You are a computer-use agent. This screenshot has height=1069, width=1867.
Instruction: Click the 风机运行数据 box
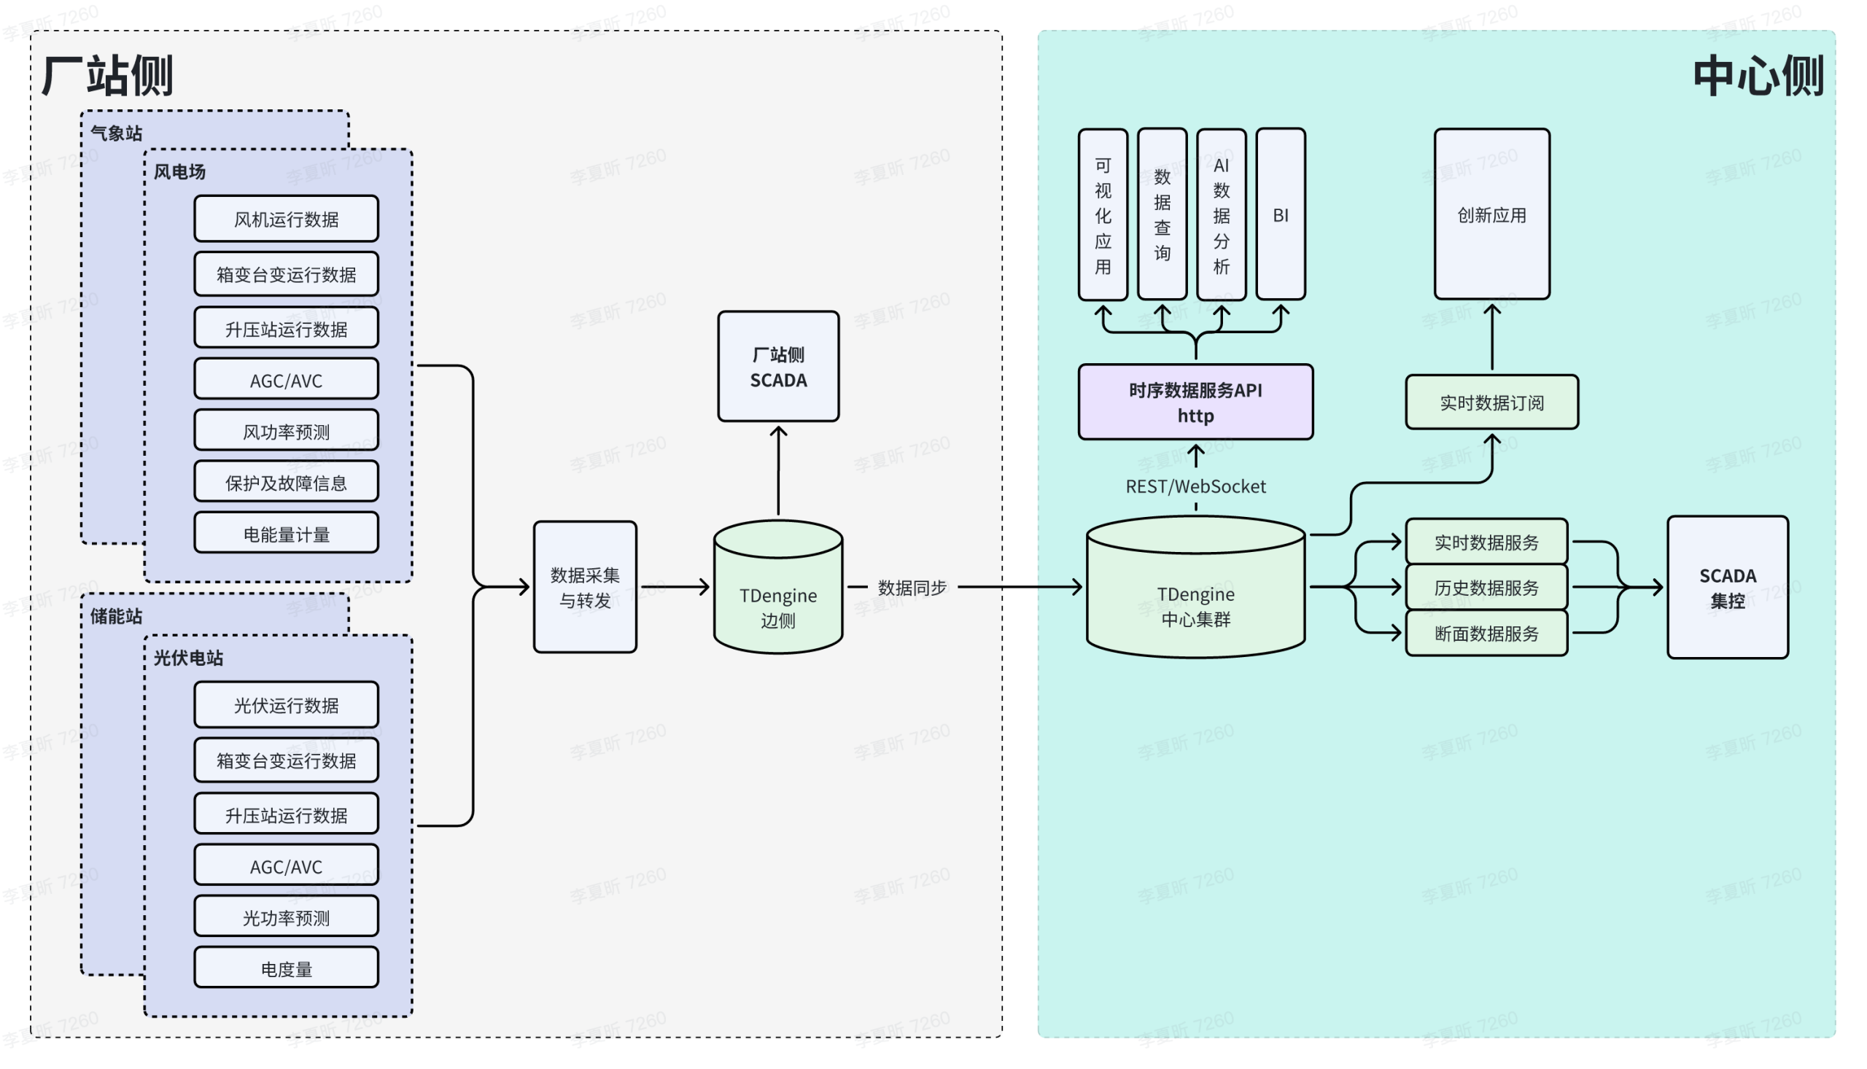pyautogui.click(x=287, y=219)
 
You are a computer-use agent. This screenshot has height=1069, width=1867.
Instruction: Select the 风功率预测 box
pyautogui.click(x=287, y=431)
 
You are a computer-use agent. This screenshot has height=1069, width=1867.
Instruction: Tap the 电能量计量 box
pyautogui.click(x=287, y=534)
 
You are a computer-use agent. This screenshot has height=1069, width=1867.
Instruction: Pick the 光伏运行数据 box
pyautogui.click(x=287, y=706)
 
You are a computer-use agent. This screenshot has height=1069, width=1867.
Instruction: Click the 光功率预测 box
pyautogui.click(x=287, y=918)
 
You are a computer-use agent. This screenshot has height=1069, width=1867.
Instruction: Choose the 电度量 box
pyautogui.click(x=287, y=969)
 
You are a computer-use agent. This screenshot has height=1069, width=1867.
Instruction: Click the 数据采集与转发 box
pyautogui.click(x=585, y=587)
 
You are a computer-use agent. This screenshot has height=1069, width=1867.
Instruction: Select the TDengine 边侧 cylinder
pyautogui.click(x=778, y=587)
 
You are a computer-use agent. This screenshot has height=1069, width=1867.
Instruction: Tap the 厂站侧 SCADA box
pyautogui.click(x=778, y=367)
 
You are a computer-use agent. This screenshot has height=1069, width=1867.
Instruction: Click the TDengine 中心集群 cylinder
pyautogui.click(x=1196, y=587)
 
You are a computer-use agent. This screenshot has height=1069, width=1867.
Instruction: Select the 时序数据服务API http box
pyautogui.click(x=1196, y=403)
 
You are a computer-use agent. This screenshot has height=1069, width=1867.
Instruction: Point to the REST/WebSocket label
pyautogui.click(x=1196, y=487)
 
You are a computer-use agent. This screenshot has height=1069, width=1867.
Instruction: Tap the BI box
pyautogui.click(x=1281, y=214)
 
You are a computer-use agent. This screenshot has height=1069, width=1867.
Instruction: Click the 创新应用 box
pyautogui.click(x=1493, y=214)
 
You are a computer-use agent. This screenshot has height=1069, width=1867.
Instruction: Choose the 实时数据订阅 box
pyautogui.click(x=1493, y=403)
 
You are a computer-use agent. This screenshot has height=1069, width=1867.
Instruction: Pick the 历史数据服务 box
pyautogui.click(x=1487, y=587)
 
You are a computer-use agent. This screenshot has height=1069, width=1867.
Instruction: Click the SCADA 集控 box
pyautogui.click(x=1728, y=587)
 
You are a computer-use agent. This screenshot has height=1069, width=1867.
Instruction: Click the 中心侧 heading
pyautogui.click(x=1759, y=76)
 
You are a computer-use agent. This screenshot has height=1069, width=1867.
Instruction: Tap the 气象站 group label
pyautogui.click(x=116, y=133)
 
